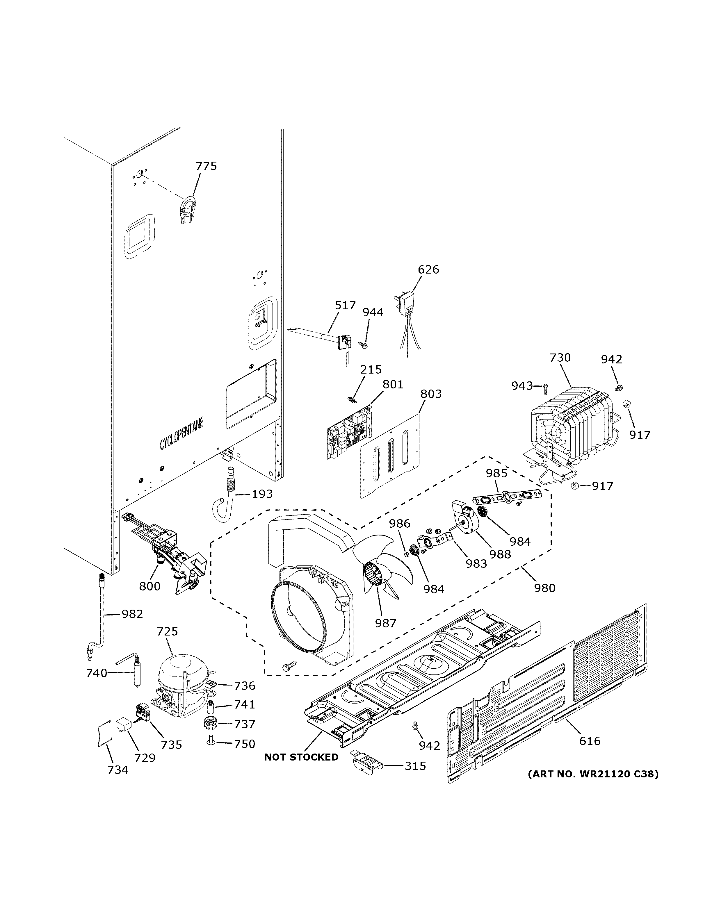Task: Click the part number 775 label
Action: point(206,166)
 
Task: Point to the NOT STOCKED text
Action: point(301,757)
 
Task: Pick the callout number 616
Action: point(590,741)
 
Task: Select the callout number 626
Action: point(428,269)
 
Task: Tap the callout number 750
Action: point(245,744)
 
